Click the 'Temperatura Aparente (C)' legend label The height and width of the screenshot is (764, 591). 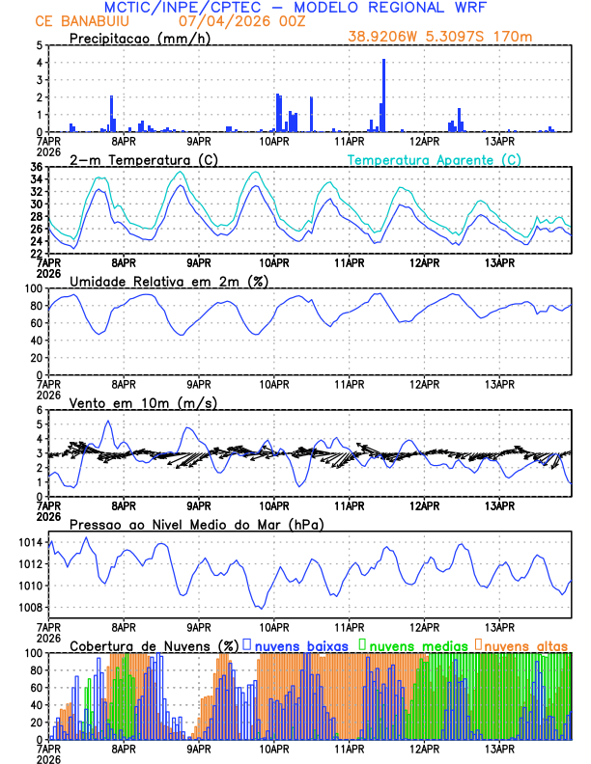point(435,159)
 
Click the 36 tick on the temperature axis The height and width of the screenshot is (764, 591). point(35,167)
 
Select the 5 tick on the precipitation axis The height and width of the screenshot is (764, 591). point(38,45)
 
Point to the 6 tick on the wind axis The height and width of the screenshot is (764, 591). point(38,410)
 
